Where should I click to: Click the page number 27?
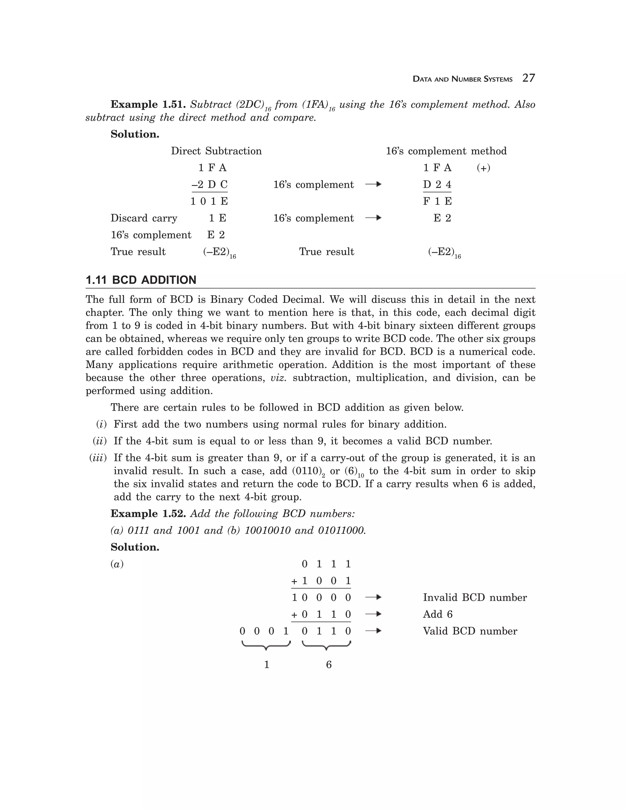pyautogui.click(x=528, y=78)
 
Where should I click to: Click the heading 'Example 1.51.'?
pyautogui.click(x=148, y=105)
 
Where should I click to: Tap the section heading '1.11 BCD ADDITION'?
pyautogui.click(x=141, y=280)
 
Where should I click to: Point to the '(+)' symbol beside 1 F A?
pyautogui.click(x=483, y=168)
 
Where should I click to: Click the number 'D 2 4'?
pyautogui.click(x=437, y=185)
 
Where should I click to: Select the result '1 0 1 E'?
pyautogui.click(x=209, y=202)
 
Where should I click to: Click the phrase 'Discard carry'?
pyautogui.click(x=144, y=218)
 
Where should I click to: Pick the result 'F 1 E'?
pyautogui.click(x=437, y=202)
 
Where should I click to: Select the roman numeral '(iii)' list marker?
pyautogui.click(x=98, y=458)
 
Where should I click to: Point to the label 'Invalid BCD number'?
pyautogui.click(x=475, y=598)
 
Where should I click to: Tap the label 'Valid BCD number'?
pyautogui.click(x=470, y=631)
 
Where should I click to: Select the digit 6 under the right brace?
pyautogui.click(x=328, y=665)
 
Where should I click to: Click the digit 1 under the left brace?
pyautogui.click(x=266, y=665)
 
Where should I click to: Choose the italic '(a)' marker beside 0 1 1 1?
pyautogui.click(x=117, y=564)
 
